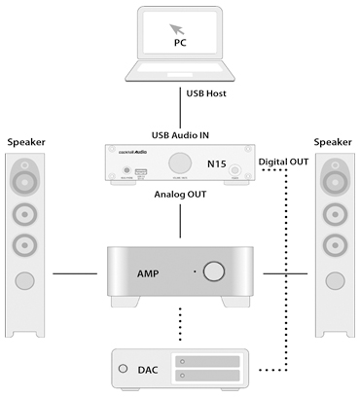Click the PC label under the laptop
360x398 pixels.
click(180, 43)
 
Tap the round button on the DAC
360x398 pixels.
click(123, 370)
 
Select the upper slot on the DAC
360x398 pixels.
click(206, 362)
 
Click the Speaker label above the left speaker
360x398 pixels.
click(28, 142)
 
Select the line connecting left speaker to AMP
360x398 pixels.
click(77, 273)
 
